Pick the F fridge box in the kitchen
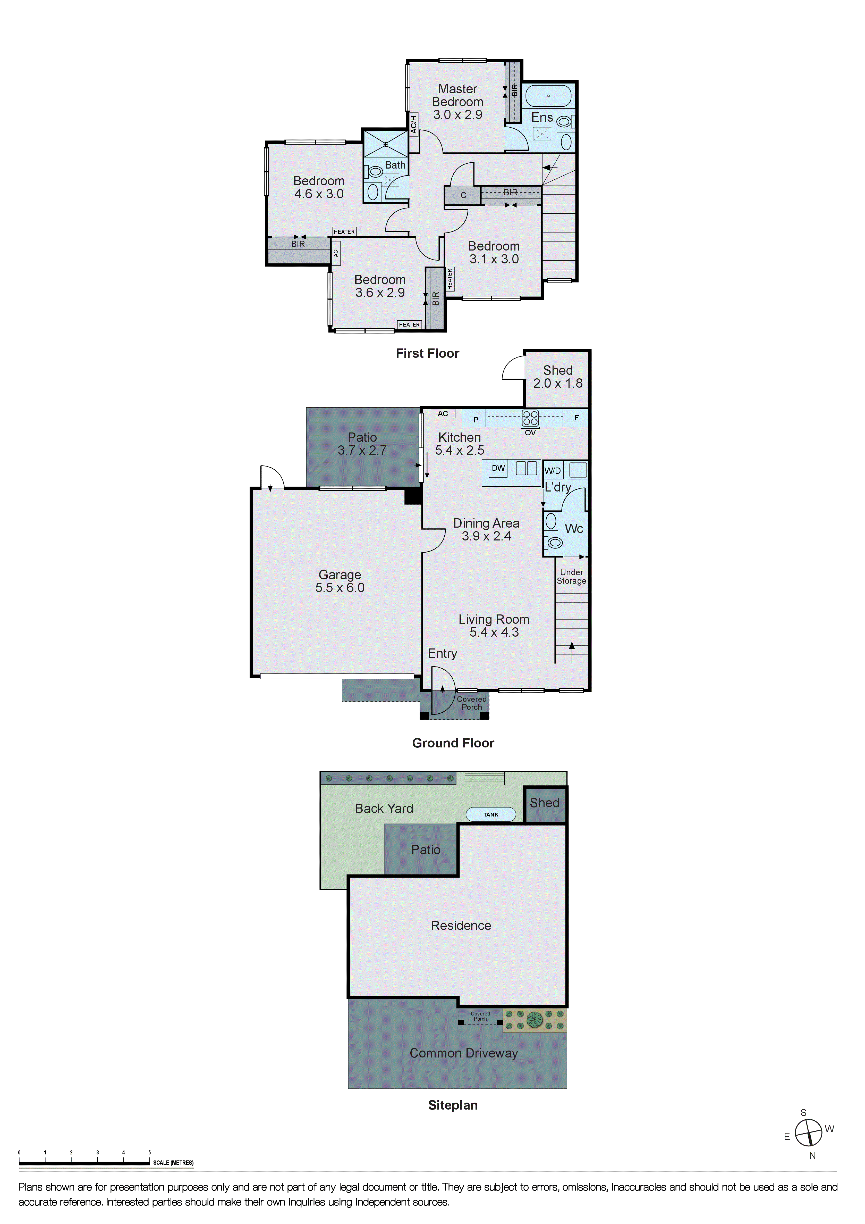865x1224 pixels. coord(576,418)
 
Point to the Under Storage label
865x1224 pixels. coord(571,577)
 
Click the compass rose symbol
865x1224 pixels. coord(809,1132)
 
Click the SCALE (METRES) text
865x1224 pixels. coord(173,1163)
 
